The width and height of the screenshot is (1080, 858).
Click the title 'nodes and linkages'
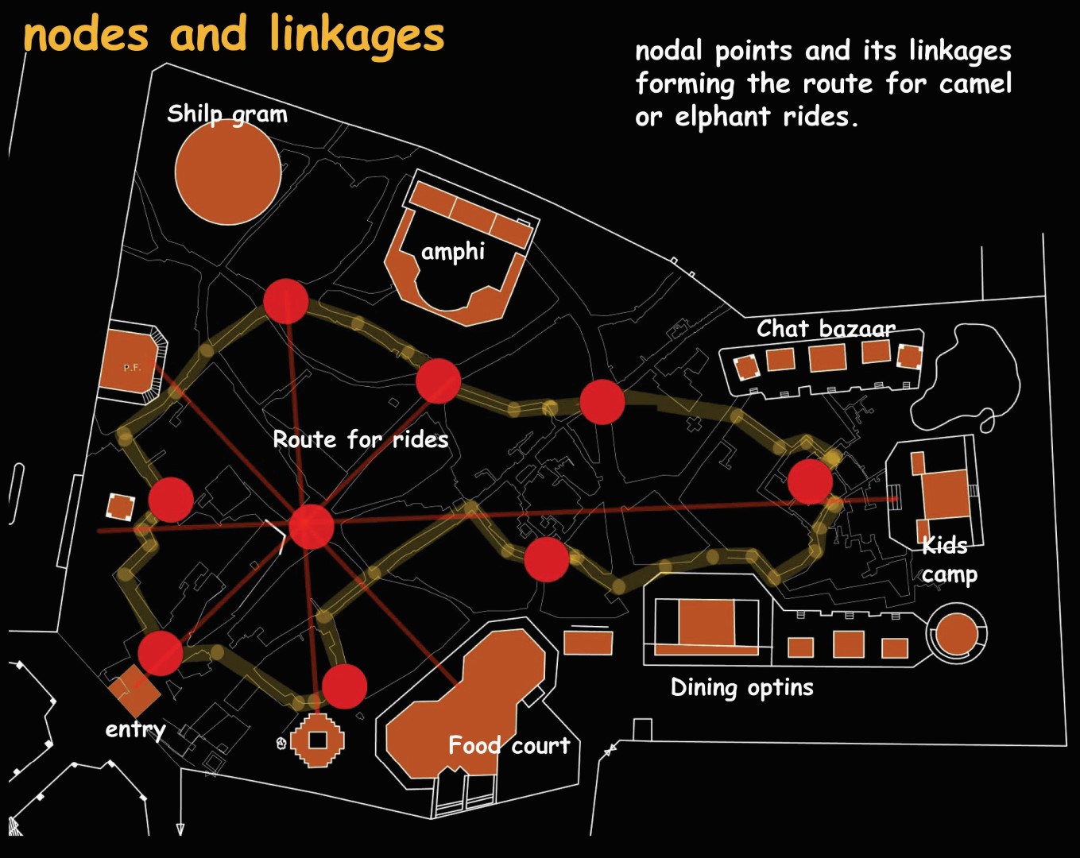tap(234, 37)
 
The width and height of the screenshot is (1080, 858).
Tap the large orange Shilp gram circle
tap(227, 172)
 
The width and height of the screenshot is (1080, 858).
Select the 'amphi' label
tap(452, 252)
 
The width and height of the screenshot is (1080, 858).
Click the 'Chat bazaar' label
tap(825, 328)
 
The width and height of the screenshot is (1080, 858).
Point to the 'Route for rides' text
tap(360, 439)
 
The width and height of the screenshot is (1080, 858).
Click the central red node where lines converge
tap(311, 526)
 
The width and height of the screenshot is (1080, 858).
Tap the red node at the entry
tap(161, 653)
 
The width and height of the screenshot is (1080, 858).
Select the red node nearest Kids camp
tap(810, 481)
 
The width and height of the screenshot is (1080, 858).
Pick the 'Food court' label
tap(509, 745)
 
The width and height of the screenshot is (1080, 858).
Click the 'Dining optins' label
tap(741, 687)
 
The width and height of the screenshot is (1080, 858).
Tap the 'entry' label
tap(135, 729)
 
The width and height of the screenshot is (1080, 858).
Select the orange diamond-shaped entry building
tap(133, 691)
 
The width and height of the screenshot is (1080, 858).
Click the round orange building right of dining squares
tap(956, 634)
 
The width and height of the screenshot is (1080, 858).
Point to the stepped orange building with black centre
tap(318, 740)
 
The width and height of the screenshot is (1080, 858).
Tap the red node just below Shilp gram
tap(285, 301)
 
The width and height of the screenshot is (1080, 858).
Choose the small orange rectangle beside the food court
tap(588, 642)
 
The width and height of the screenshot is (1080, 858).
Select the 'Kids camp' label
tap(947, 559)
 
